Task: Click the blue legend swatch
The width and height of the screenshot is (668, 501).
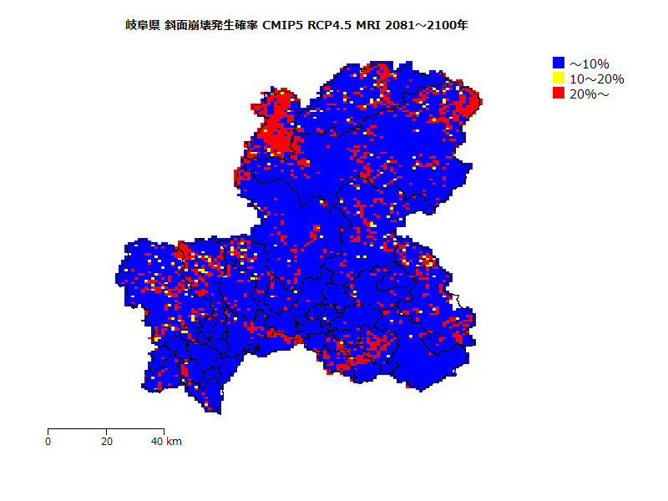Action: tap(559, 63)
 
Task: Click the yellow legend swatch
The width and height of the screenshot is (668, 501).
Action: tap(559, 78)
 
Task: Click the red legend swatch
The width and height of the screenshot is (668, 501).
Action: tap(559, 94)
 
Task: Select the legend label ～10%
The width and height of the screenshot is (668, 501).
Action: tap(590, 63)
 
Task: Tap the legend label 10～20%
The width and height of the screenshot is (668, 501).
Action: tap(596, 78)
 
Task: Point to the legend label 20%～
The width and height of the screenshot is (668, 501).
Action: tap(590, 94)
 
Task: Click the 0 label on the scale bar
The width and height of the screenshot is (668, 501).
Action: tap(48, 441)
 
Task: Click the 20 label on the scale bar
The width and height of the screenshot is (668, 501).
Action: tap(106, 441)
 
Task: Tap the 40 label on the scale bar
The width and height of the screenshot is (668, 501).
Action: tap(157, 441)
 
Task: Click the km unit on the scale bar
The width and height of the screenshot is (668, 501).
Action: tap(174, 441)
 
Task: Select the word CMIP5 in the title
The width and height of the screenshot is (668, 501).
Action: tap(282, 25)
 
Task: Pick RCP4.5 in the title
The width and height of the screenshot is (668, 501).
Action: tap(329, 25)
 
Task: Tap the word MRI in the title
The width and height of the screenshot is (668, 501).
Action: tap(368, 25)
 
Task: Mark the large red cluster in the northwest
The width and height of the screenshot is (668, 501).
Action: tap(280, 125)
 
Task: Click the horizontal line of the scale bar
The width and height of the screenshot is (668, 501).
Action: tap(106, 429)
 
